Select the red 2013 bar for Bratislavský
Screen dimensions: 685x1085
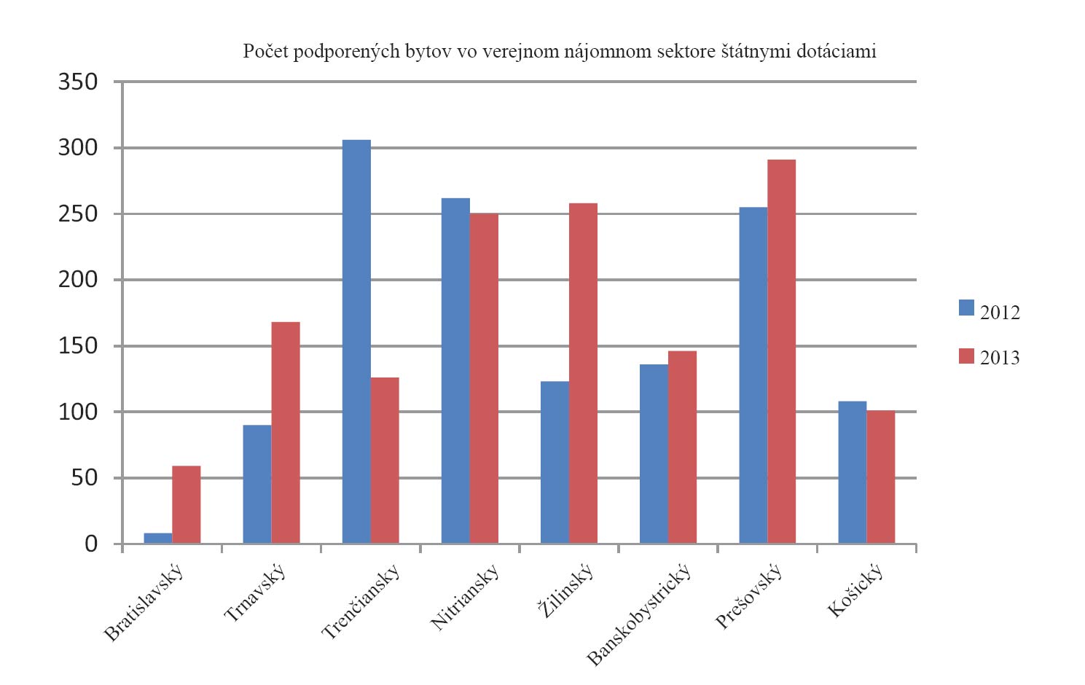tap(187, 504)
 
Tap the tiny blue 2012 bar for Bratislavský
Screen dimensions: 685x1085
tap(158, 539)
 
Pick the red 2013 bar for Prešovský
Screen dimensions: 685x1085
tap(782, 351)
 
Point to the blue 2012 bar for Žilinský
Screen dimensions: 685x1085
tap(555, 462)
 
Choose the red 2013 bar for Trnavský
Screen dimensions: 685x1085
tap(286, 432)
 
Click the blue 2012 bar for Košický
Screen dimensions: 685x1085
tap(853, 472)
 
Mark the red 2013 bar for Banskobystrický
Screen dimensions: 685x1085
tap(683, 447)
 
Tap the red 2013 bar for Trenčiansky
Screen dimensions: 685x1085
tap(385, 460)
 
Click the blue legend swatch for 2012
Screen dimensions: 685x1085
tap(966, 308)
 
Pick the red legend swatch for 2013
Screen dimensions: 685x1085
tap(966, 356)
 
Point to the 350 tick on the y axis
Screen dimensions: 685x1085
tap(78, 82)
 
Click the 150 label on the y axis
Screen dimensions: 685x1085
tap(78, 346)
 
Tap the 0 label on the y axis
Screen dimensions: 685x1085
tap(90, 544)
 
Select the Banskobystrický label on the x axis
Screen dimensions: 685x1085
tap(638, 615)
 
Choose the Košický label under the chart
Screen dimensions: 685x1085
tap(855, 590)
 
